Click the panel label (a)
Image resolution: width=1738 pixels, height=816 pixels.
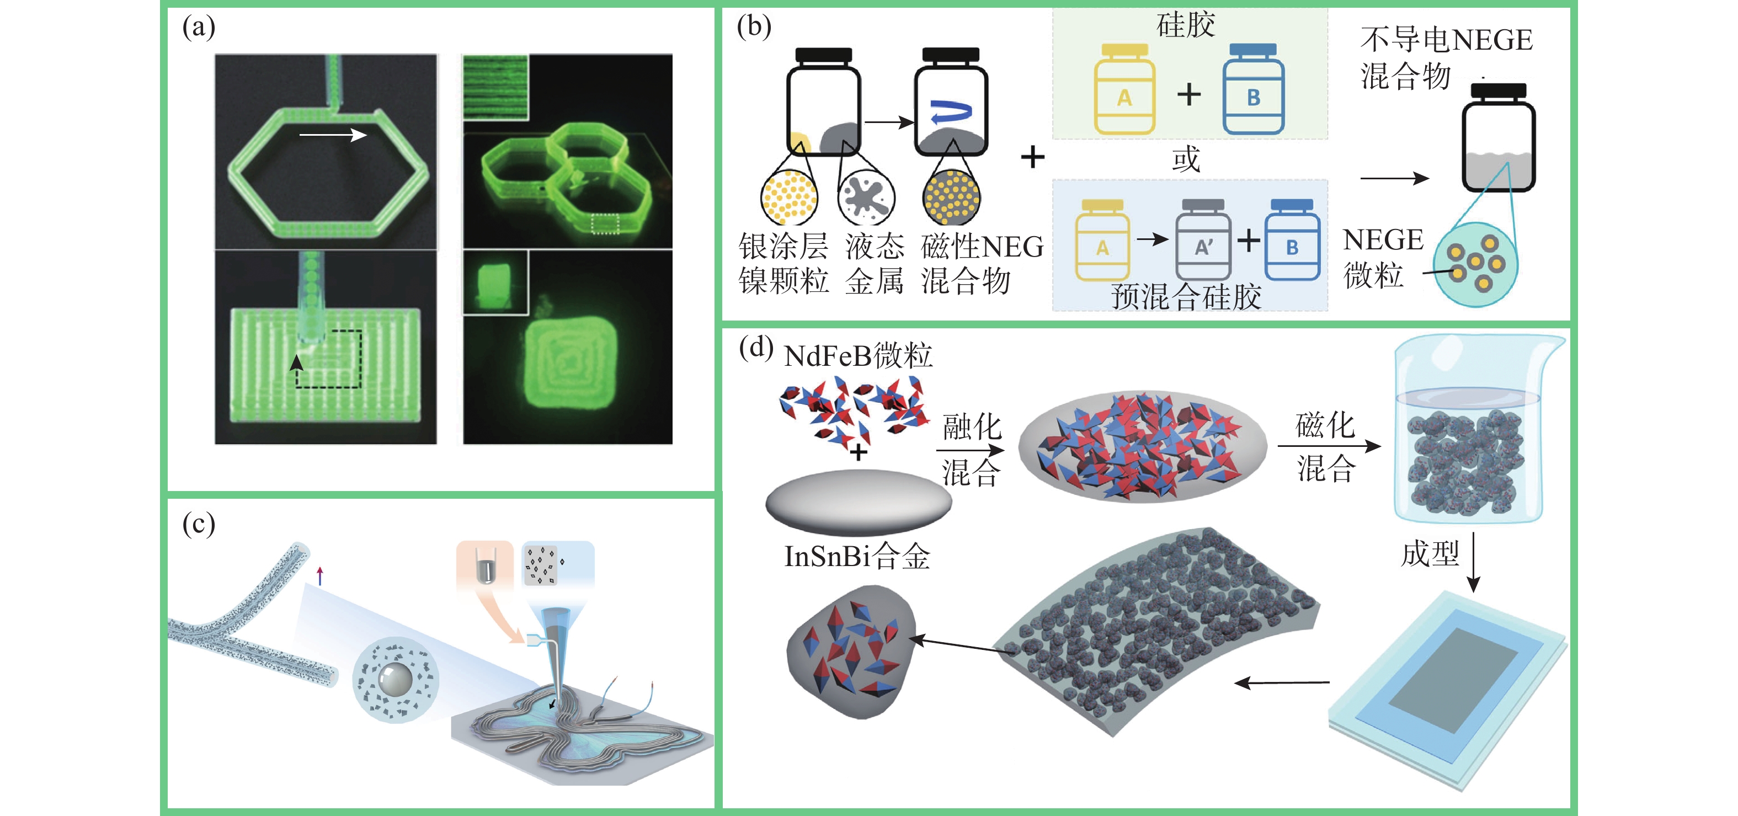[199, 28]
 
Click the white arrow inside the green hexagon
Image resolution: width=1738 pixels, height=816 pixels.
[333, 135]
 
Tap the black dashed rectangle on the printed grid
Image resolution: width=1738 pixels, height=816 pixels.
[329, 359]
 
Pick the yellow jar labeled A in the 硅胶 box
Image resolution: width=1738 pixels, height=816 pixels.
[1124, 90]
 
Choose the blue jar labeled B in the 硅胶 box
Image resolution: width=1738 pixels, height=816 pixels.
[1253, 90]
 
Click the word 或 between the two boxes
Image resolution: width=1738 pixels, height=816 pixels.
[1186, 159]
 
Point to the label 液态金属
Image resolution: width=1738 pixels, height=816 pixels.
[875, 264]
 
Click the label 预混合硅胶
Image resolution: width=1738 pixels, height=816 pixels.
[1186, 297]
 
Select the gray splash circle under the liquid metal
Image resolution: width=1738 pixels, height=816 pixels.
[866, 197]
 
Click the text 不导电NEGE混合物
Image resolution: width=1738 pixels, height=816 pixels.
[1445, 58]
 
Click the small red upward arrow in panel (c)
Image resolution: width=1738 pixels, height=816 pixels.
[320, 575]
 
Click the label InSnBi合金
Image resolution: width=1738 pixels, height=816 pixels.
[857, 557]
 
